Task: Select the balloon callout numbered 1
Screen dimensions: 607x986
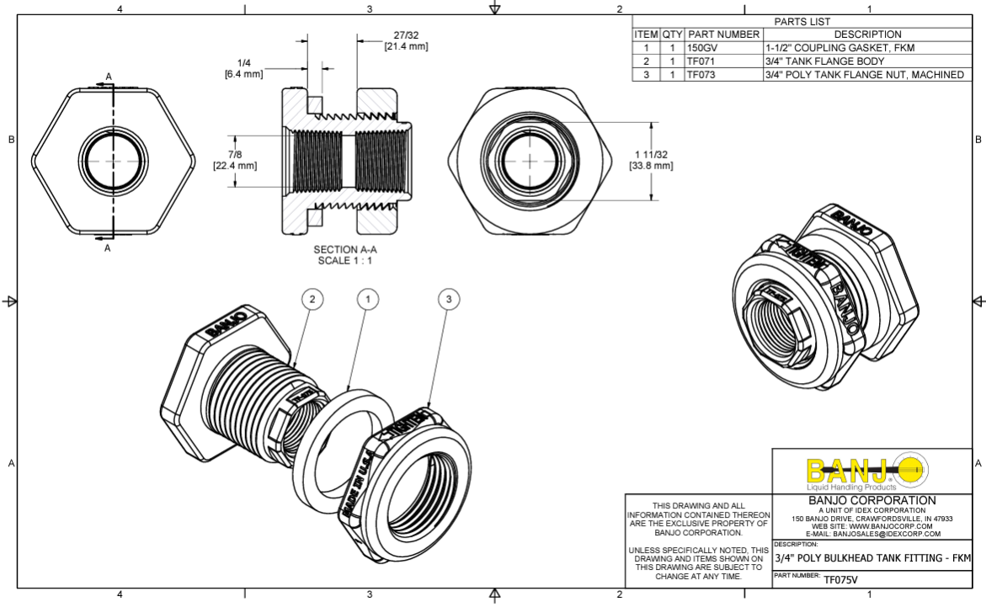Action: [x=368, y=299]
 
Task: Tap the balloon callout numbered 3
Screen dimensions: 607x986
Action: [x=450, y=299]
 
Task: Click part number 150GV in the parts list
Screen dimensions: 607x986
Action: [x=702, y=48]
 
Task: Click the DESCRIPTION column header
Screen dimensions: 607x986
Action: [x=867, y=35]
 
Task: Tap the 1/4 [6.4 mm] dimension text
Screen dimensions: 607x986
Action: [x=244, y=69]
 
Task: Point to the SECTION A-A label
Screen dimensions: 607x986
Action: [x=344, y=255]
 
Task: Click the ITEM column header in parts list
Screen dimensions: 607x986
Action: [x=646, y=35]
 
